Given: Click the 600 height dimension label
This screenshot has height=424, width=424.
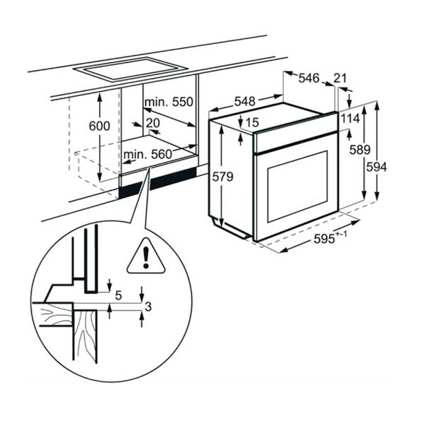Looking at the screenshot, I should click(100, 126).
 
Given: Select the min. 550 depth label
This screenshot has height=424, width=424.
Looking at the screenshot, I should click(169, 103).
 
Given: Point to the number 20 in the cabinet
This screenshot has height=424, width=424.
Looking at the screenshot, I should click(152, 122).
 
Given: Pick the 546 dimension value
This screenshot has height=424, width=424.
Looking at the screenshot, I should click(309, 78).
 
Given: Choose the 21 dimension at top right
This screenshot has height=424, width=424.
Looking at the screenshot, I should click(340, 78).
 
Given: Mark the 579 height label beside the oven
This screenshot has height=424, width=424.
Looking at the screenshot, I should click(222, 177).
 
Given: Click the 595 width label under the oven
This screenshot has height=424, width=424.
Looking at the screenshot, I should click(326, 239).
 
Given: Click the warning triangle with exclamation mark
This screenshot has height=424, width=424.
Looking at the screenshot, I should click(144, 256).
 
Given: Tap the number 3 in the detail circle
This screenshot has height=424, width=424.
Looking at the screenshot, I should click(148, 305).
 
